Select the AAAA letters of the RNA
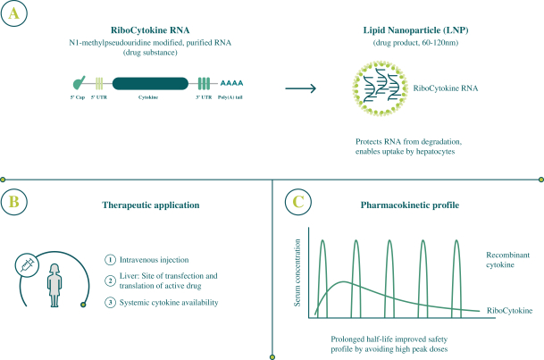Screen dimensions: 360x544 [x=234, y=82]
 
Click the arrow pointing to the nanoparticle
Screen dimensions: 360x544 [x=306, y=88]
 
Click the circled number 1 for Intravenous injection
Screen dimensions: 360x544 [x=110, y=260]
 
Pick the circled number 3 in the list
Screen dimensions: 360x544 [x=110, y=302]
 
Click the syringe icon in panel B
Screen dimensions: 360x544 [x=28, y=263]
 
